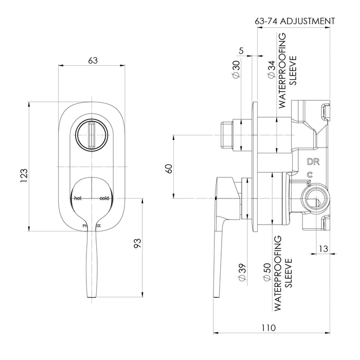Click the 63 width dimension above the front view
(x=93, y=60)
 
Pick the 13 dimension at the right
(x=323, y=248)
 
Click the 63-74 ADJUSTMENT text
(x=295, y=22)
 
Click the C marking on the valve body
(x=309, y=175)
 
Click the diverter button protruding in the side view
(x=227, y=135)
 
